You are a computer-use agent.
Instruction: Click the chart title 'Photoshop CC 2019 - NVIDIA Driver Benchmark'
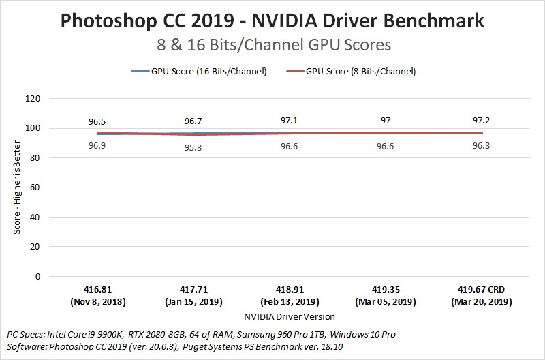pyautogui.click(x=272, y=20)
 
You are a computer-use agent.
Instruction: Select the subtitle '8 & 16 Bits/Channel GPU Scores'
pyautogui.click(x=272, y=45)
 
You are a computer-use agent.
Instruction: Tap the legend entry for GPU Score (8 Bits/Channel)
pyautogui.click(x=352, y=71)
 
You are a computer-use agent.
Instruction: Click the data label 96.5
pyautogui.click(x=97, y=121)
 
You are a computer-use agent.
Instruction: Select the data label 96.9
pyautogui.click(x=97, y=146)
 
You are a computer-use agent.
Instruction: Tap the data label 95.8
pyautogui.click(x=193, y=146)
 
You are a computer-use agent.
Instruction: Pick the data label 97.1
pyautogui.click(x=290, y=121)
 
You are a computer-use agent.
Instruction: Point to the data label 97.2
pyautogui.click(x=483, y=121)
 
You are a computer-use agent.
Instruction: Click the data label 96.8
pyautogui.click(x=483, y=146)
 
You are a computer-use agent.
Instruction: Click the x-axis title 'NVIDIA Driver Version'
pyautogui.click(x=290, y=316)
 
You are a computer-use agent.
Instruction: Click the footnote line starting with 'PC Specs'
pyautogui.click(x=201, y=335)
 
